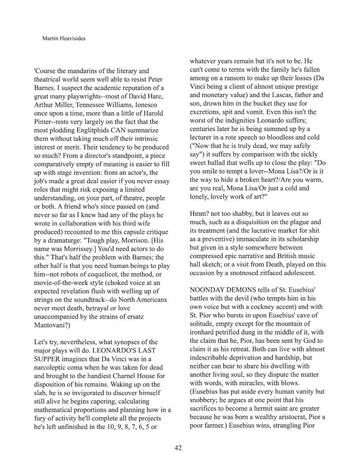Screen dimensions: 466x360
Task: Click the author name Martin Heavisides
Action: (x=64, y=39)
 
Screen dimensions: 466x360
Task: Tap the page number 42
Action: (x=178, y=448)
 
